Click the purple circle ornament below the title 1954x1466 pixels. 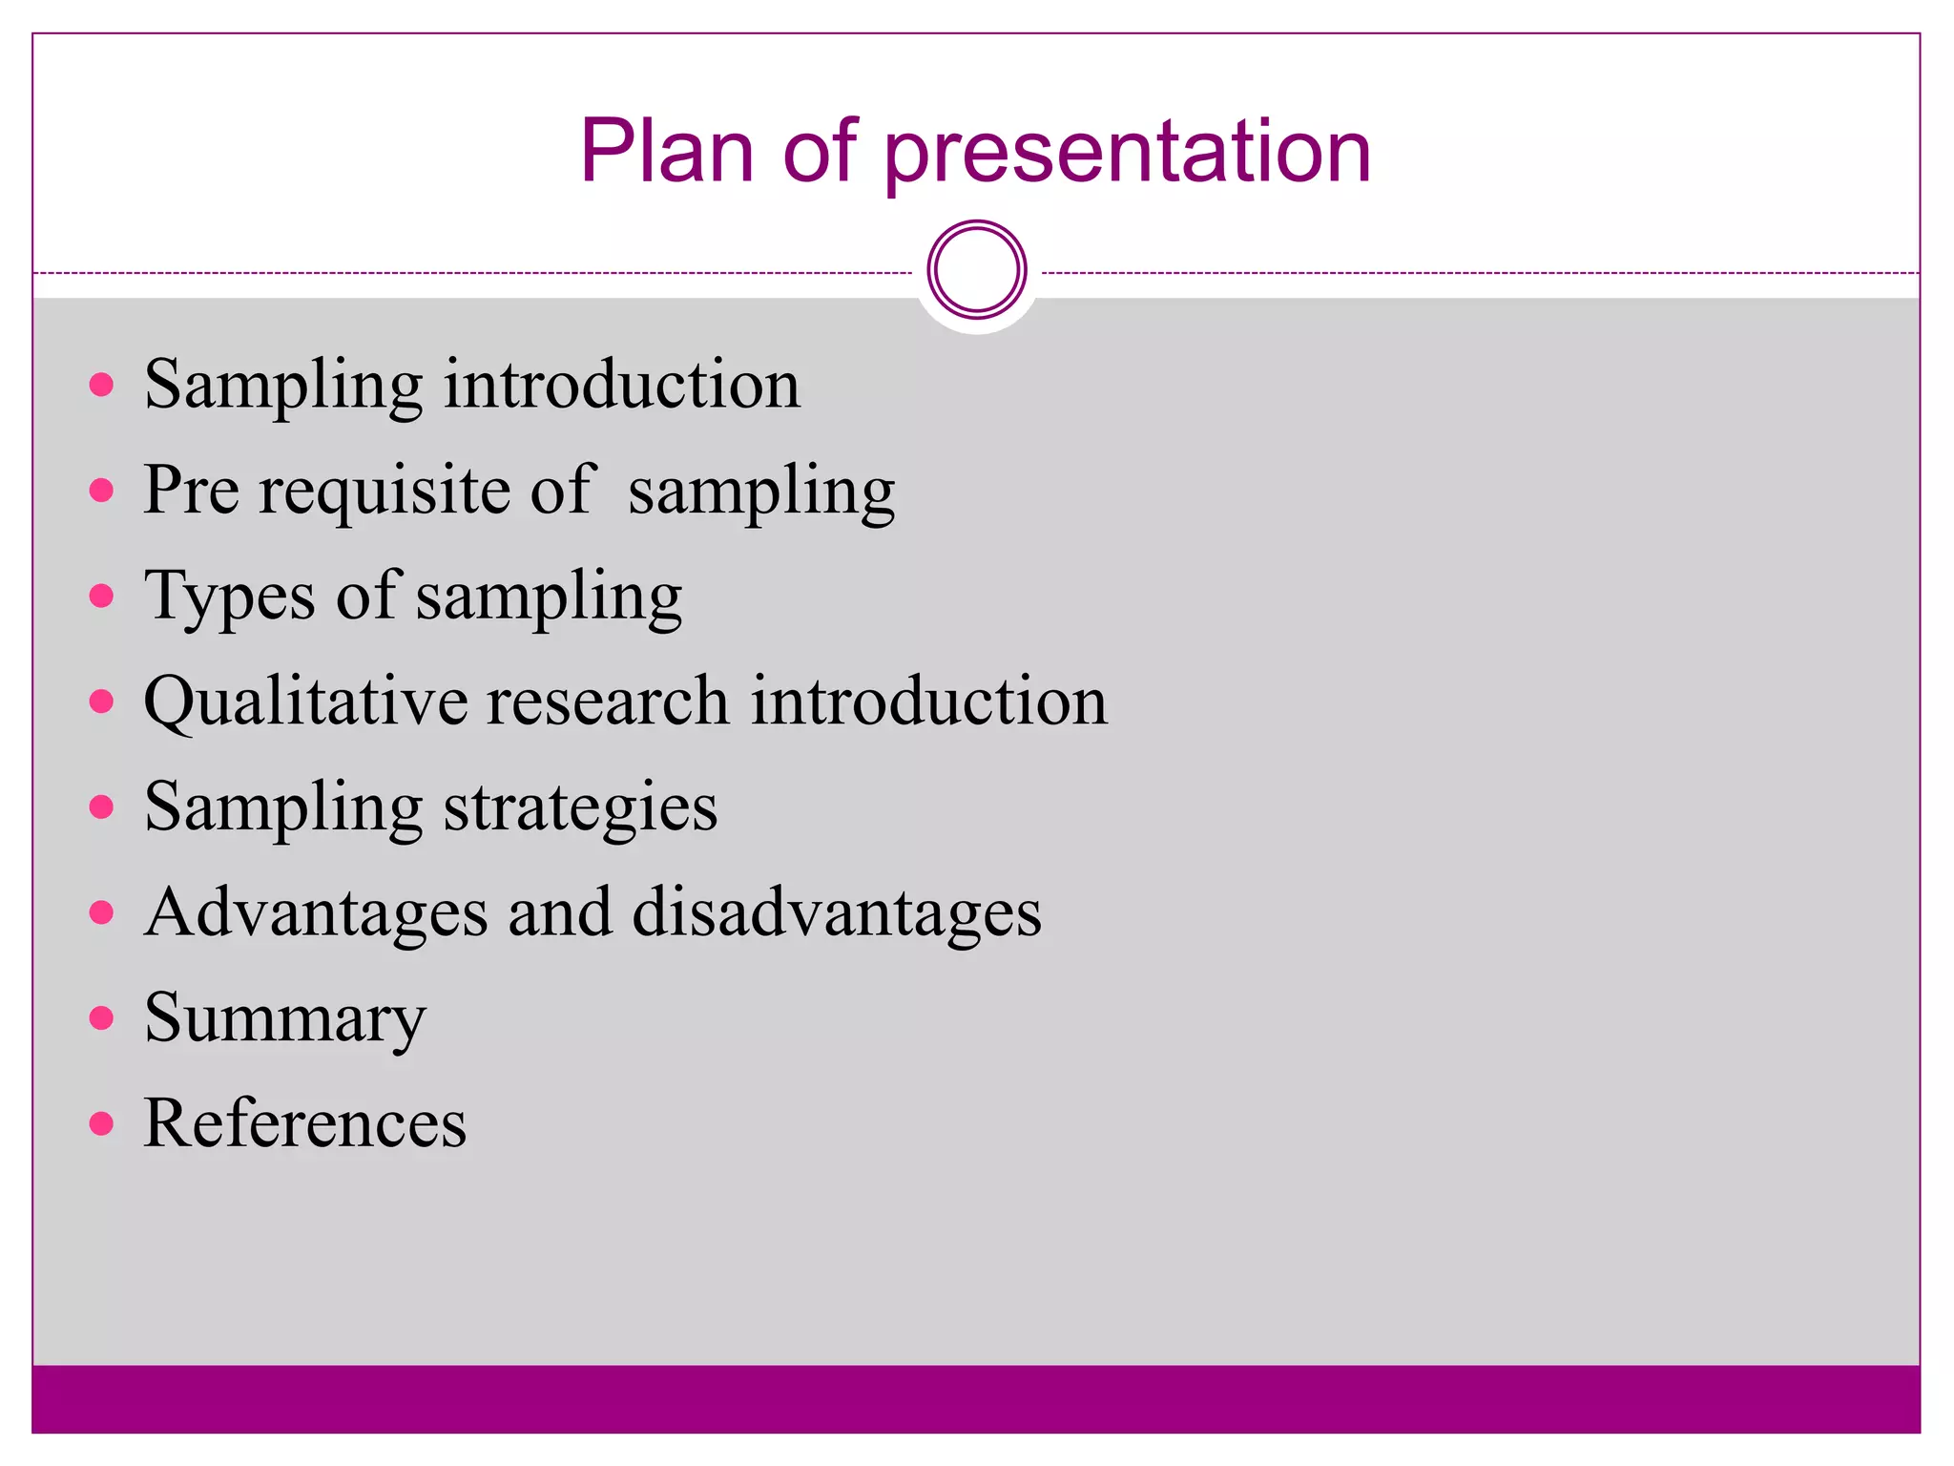click(976, 269)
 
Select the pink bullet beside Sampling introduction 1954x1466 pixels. click(101, 385)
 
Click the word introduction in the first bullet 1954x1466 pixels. click(621, 385)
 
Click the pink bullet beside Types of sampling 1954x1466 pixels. click(101, 597)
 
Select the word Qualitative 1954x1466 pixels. click(305, 702)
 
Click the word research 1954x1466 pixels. click(608, 702)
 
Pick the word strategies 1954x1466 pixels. click(580, 808)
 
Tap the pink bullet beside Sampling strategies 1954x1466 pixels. click(101, 807)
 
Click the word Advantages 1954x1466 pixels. click(316, 912)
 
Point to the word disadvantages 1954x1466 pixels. click(837, 912)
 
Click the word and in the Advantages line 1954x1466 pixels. click(559, 912)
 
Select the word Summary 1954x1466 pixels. click(284, 1019)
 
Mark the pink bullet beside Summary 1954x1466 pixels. click(101, 1017)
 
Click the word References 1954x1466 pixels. click(304, 1123)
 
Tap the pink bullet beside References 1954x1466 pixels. click(101, 1123)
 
